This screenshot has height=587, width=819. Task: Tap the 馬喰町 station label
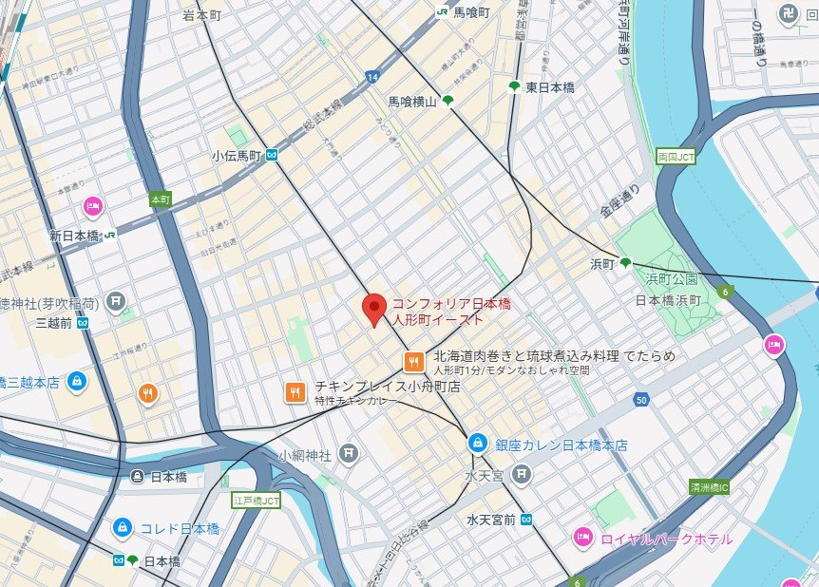pyautogui.click(x=471, y=12)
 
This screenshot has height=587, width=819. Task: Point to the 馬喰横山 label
pyautogui.click(x=411, y=102)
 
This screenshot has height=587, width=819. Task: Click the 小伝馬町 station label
pyautogui.click(x=237, y=156)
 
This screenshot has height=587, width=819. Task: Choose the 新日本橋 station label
pyautogui.click(x=75, y=235)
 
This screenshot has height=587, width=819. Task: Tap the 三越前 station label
pyautogui.click(x=54, y=323)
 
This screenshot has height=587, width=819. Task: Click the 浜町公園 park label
pyautogui.click(x=672, y=279)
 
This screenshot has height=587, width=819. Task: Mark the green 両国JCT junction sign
pyautogui.click(x=676, y=156)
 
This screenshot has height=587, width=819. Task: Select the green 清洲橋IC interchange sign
pyautogui.click(x=709, y=487)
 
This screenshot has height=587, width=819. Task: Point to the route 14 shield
pyautogui.click(x=370, y=76)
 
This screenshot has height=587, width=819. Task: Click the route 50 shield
pyautogui.click(x=642, y=401)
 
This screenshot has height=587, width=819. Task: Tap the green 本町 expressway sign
pyautogui.click(x=160, y=200)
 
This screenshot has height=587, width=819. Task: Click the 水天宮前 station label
pyautogui.click(x=491, y=520)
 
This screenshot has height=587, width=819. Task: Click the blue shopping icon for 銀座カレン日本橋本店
pyautogui.click(x=478, y=443)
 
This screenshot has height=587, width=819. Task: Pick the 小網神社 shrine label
pyautogui.click(x=305, y=455)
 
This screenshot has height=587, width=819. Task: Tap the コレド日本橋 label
pyautogui.click(x=180, y=528)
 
